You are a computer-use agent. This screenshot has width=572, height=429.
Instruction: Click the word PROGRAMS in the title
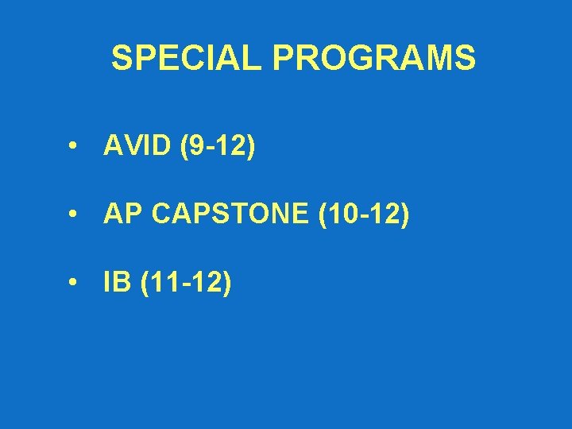(x=374, y=58)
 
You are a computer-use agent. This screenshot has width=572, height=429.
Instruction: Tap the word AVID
(x=137, y=147)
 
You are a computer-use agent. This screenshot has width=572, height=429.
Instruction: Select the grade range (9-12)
(x=218, y=147)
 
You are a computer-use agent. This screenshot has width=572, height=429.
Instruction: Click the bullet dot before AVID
(x=72, y=148)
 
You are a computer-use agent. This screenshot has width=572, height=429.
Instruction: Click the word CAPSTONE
(x=230, y=214)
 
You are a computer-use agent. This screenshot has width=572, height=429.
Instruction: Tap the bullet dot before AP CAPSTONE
(x=72, y=215)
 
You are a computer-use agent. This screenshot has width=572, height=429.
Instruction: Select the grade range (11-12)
(x=187, y=282)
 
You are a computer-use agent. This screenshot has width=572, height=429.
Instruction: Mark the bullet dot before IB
(x=72, y=283)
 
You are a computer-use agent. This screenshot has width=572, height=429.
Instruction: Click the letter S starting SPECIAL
(x=122, y=58)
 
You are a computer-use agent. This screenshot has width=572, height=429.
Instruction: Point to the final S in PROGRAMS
(x=466, y=58)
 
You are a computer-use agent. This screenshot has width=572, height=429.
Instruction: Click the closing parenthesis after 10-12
(x=405, y=215)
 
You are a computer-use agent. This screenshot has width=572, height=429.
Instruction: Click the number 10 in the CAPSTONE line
(x=340, y=214)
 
